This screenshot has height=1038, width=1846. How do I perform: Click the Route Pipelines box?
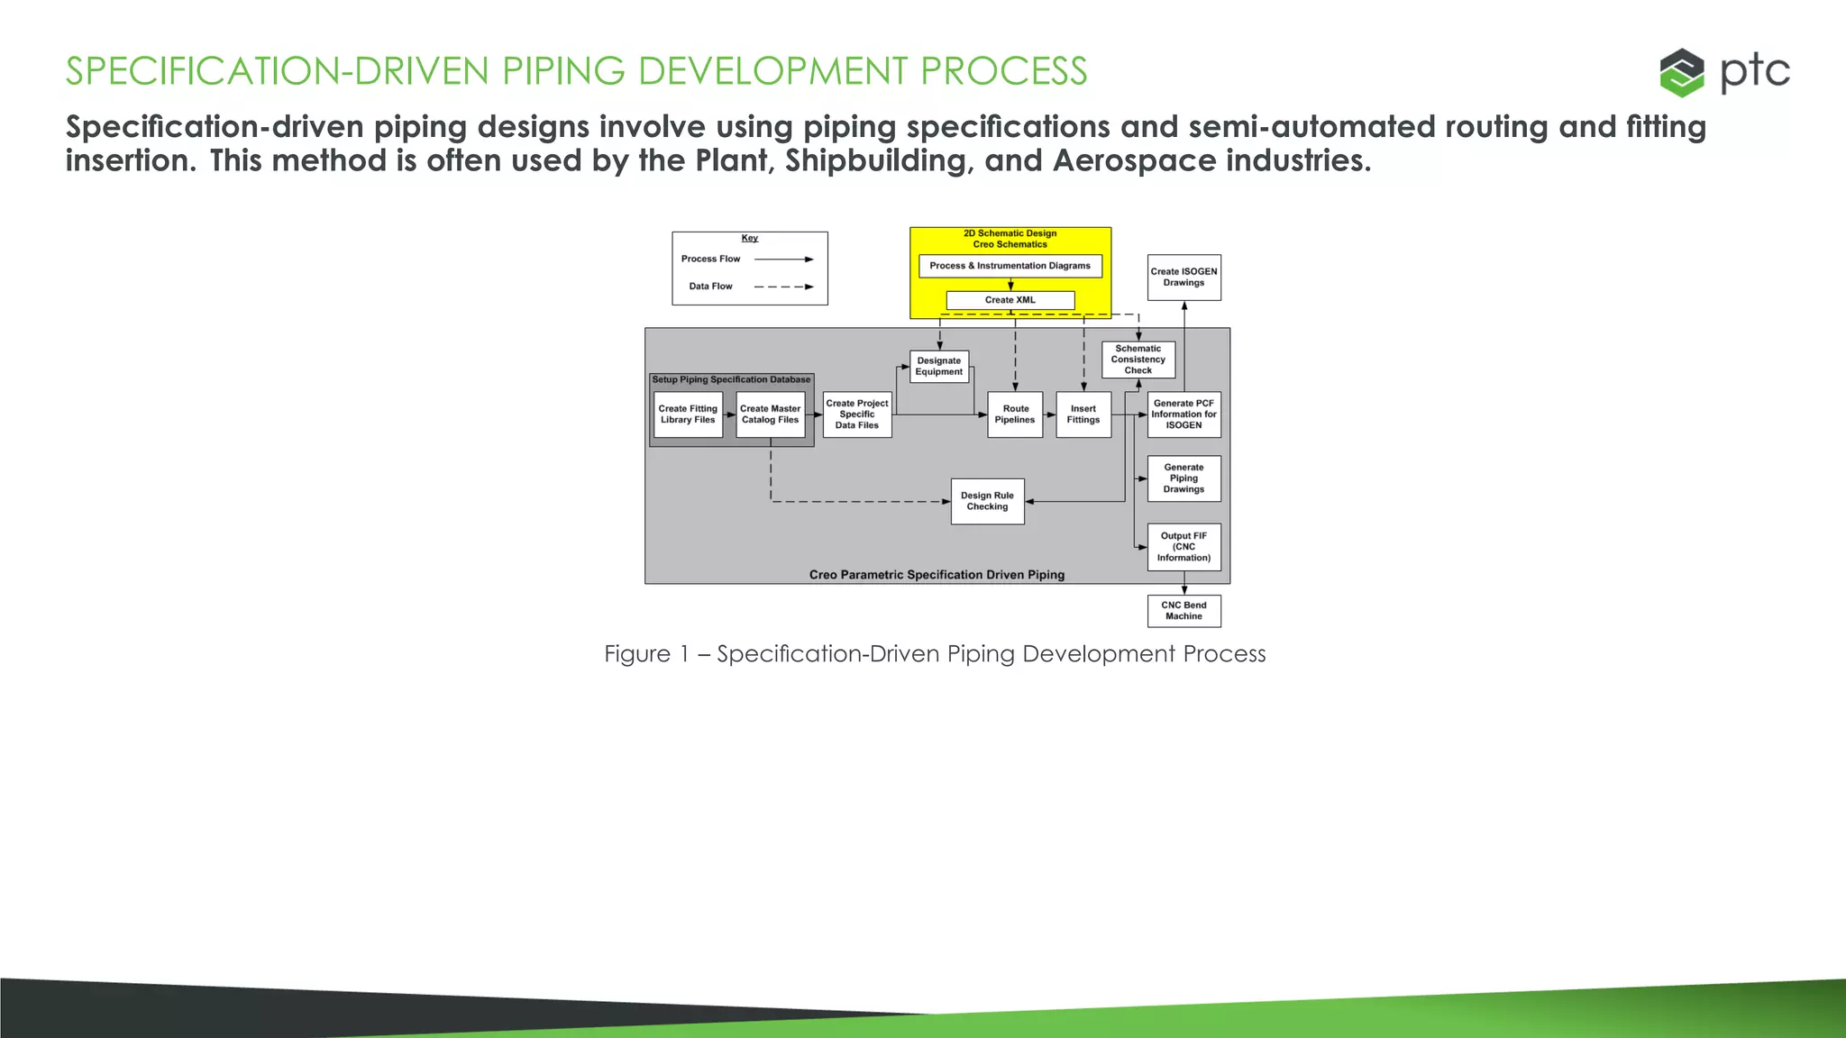coord(1015,414)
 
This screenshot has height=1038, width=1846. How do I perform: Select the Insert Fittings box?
coord(1083,414)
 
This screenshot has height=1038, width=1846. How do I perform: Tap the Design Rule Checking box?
coord(987,501)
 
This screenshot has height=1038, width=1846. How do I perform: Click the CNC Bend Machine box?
coord(1183,611)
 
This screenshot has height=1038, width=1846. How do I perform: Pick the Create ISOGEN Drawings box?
coord(1183,277)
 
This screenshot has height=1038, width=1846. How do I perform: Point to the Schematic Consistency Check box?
coord(1138,360)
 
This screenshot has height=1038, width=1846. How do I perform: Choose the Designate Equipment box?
coord(938,366)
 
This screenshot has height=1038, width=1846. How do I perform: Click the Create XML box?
coord(1010,300)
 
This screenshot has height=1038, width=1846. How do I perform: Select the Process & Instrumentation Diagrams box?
coord(1010,266)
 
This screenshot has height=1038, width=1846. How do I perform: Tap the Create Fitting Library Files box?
coord(688,414)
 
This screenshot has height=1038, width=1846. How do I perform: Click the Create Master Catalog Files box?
coord(770,414)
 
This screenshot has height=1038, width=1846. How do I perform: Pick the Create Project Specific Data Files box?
coord(856,414)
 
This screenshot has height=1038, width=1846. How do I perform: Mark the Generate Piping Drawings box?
coord(1183,478)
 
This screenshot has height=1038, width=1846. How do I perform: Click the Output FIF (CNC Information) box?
coord(1183,547)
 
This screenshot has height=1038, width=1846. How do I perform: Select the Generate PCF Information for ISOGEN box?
coord(1183,414)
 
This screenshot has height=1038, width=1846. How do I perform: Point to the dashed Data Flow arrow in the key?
coord(783,287)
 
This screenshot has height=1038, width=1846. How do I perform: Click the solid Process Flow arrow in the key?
coord(783,259)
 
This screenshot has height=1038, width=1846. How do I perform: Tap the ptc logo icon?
coord(1682,72)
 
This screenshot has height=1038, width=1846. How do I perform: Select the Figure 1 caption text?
coord(935,654)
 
